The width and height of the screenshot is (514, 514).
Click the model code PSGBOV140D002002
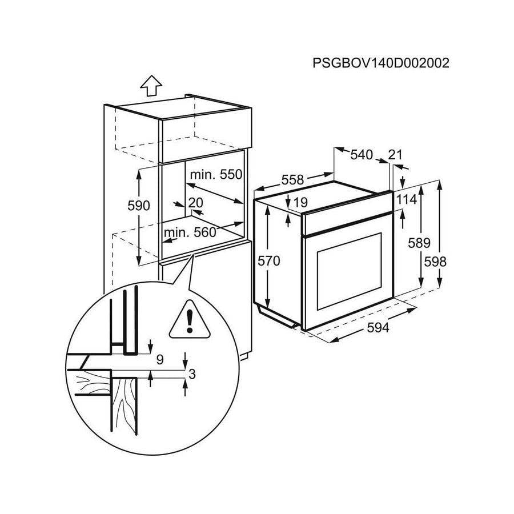point(381,62)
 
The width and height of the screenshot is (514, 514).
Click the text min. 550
point(216,175)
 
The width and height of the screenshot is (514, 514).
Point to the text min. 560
point(190,232)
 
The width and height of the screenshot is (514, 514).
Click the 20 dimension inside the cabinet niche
point(195,203)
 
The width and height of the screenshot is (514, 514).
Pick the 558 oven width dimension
point(292,179)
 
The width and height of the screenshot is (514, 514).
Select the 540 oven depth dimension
point(361,154)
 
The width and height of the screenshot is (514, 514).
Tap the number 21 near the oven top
point(395,154)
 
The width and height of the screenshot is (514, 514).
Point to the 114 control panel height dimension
point(407,200)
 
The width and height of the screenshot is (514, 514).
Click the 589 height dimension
point(419,243)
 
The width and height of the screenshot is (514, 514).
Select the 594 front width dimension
point(378,328)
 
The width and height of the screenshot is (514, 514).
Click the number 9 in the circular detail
point(159,360)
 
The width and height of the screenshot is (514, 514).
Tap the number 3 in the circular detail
point(192,374)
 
